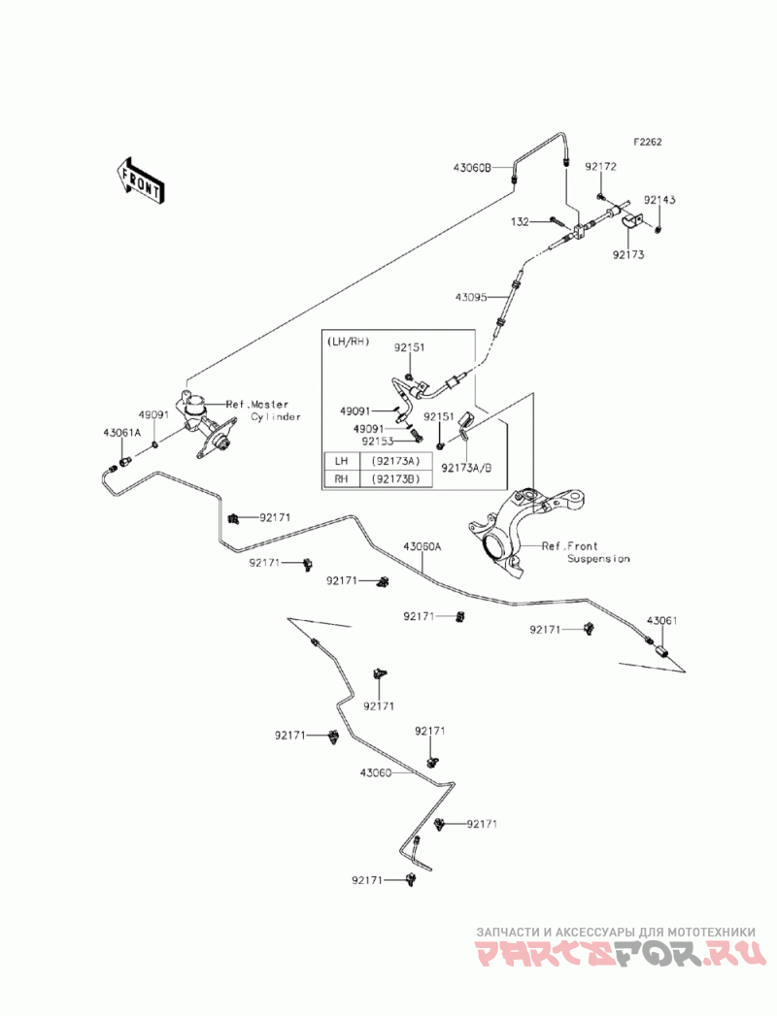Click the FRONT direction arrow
tap(138, 181)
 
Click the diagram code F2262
tap(648, 142)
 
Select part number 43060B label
tap(472, 167)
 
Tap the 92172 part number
tap(600, 167)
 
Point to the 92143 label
tap(659, 200)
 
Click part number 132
tap(520, 222)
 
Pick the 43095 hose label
tap(471, 297)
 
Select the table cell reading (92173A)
tap(392, 461)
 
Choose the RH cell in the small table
tap(341, 478)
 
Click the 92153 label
tap(378, 441)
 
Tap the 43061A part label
tap(121, 432)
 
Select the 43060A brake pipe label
tap(422, 546)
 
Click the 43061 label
tap(661, 621)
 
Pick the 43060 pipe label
tap(376, 773)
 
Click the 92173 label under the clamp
tap(627, 254)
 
